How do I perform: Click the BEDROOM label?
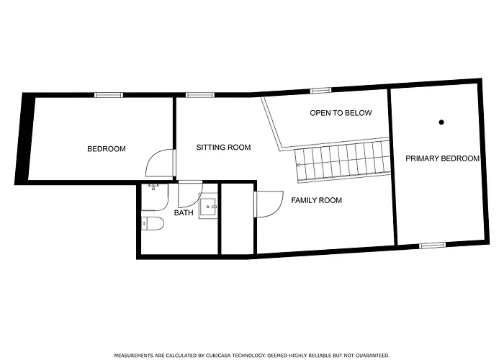[x=107, y=149]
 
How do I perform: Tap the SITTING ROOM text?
[x=223, y=148]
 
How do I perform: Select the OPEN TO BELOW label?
[x=341, y=113]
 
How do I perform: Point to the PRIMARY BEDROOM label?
[x=441, y=158]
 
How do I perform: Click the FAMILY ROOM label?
[x=316, y=200]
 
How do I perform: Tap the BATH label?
[x=184, y=213]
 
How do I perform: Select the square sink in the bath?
[x=210, y=207]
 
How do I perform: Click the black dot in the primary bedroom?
[x=441, y=122]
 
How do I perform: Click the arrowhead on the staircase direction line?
[x=299, y=165]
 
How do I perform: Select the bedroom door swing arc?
[x=157, y=164]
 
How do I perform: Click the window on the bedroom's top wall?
[x=108, y=94]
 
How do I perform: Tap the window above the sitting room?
[x=200, y=94]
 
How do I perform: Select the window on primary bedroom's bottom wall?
[x=432, y=246]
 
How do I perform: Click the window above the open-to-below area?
[x=320, y=91]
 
